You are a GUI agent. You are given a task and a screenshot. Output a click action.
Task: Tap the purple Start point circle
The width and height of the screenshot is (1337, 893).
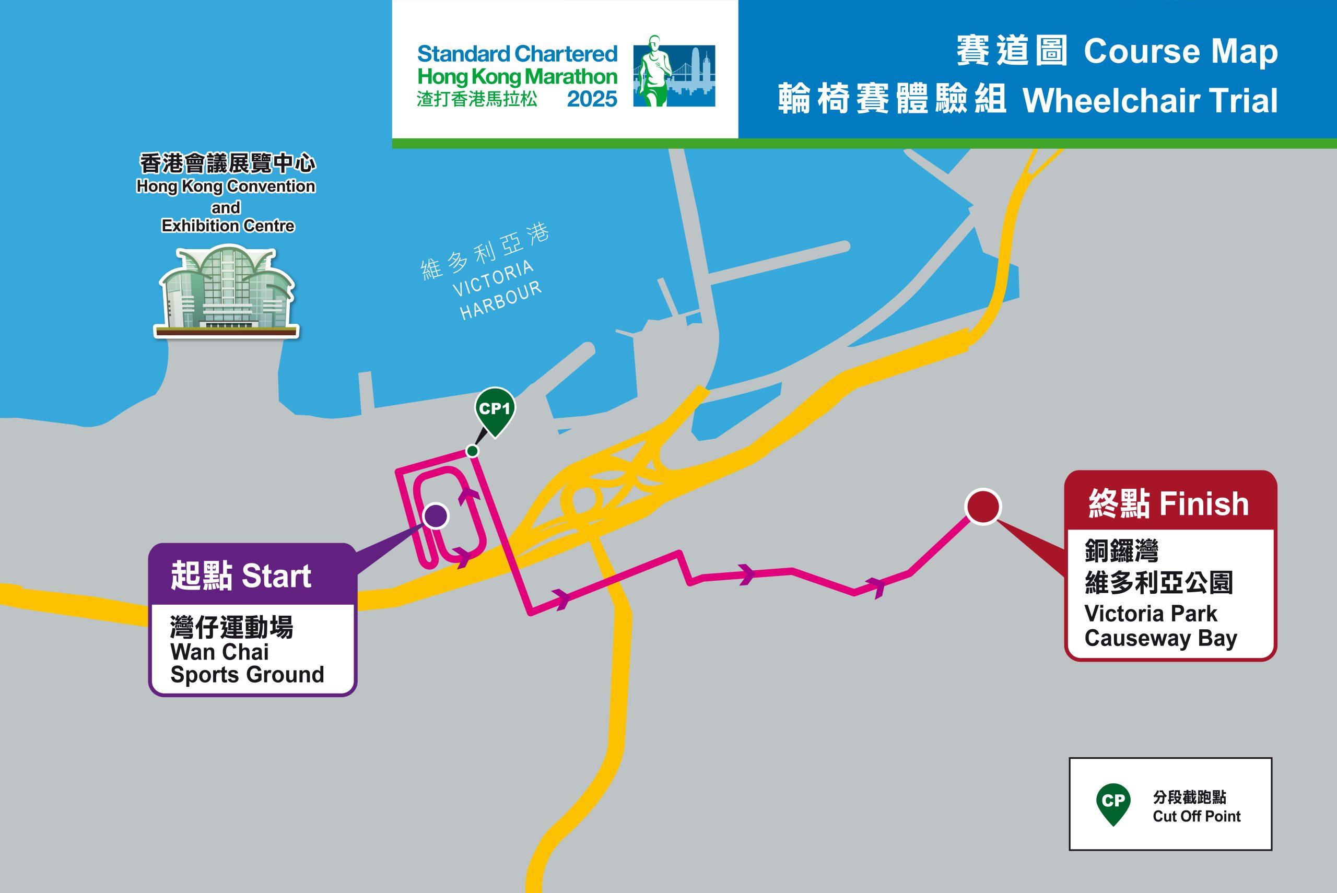pos(436,516)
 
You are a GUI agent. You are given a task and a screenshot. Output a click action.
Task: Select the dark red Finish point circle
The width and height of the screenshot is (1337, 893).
pos(983,507)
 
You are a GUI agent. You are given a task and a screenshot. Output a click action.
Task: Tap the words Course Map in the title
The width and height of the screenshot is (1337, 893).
pos(1180,52)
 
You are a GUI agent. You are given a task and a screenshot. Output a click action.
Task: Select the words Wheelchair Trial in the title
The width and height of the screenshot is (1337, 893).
pos(1150,101)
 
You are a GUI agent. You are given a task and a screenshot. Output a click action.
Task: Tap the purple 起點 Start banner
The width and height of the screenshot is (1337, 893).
pos(241,576)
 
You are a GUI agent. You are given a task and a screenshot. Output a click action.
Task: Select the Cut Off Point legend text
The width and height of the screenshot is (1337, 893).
pos(1197,816)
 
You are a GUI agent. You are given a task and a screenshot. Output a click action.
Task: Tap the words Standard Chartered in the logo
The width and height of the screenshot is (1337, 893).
pos(517,54)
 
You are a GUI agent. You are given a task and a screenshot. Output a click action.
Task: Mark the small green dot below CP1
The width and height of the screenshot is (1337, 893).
pos(472,451)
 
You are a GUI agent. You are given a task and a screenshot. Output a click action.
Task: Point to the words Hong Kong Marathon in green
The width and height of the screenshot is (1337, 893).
pos(517,77)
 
